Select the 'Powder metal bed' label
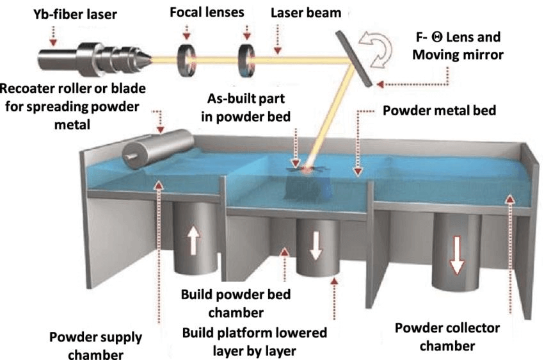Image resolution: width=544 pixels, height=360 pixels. pos(439,110)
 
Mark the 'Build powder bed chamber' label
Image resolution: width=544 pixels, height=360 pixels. pos(236,304)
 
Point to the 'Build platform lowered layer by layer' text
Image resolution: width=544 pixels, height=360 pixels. pos(254,342)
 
